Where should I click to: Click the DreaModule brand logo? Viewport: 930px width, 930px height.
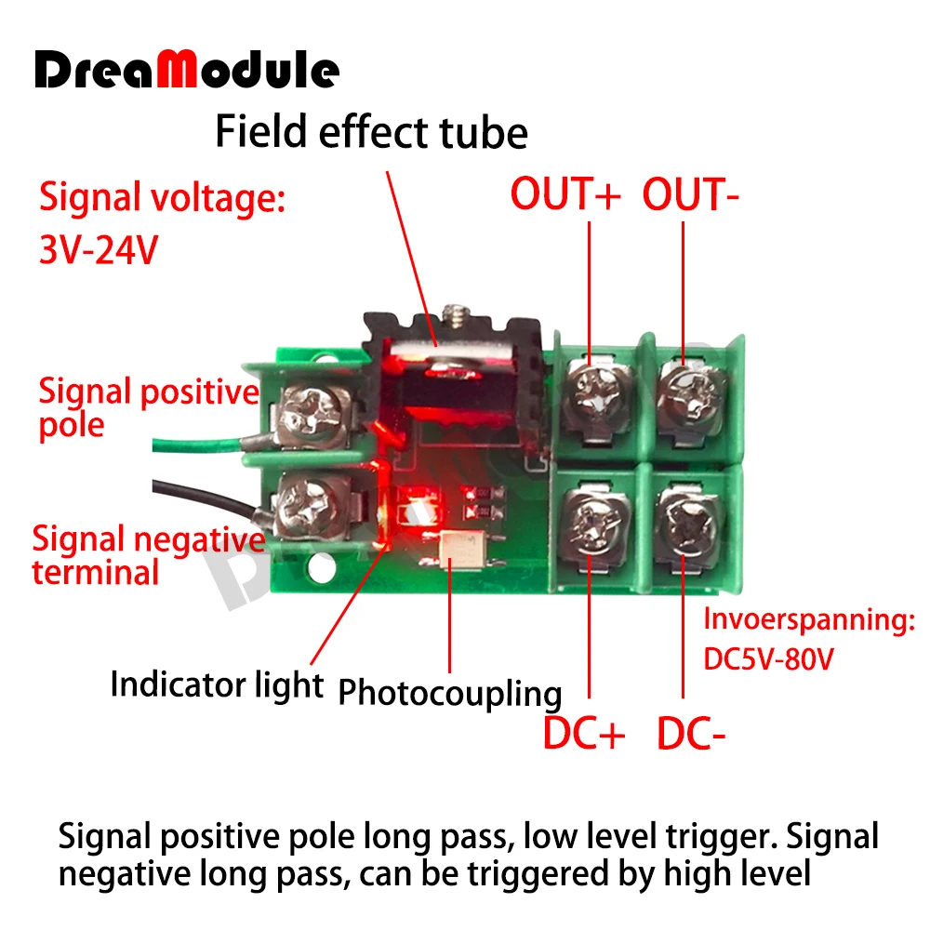tap(187, 71)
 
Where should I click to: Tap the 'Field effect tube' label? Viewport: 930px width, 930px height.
tap(371, 132)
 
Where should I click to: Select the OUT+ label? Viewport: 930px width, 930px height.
tap(565, 194)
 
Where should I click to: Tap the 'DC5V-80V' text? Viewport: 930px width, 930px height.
tap(768, 659)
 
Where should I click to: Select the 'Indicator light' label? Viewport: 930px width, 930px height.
tap(217, 684)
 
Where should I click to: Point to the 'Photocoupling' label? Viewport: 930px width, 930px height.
tap(450, 693)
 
